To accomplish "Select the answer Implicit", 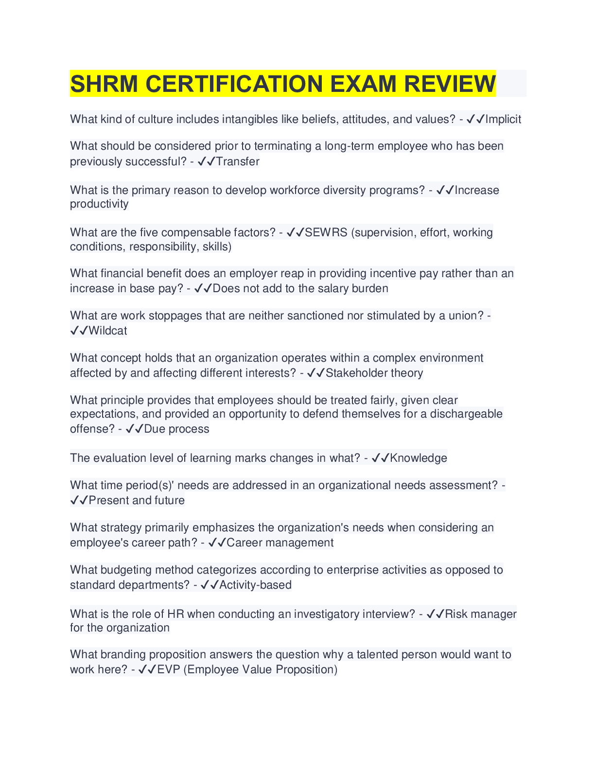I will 503,119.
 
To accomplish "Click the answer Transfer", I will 238,161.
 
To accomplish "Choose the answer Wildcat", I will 108,331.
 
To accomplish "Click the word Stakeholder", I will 350,373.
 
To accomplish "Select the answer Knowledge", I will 419,458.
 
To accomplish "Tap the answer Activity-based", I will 256,585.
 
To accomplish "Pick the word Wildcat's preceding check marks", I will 79,331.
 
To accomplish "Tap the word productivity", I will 99,204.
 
